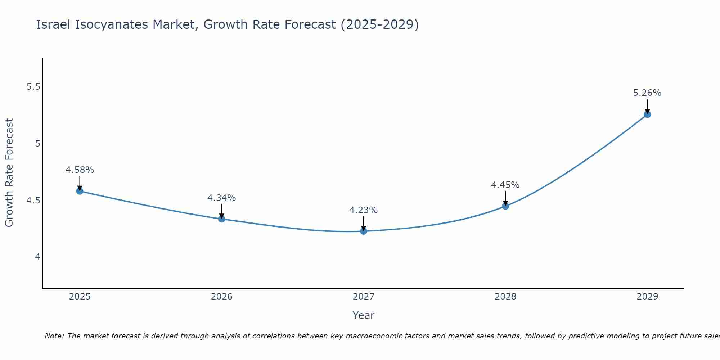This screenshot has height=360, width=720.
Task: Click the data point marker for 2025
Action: pos(80,191)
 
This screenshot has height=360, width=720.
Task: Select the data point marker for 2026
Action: pos(222,219)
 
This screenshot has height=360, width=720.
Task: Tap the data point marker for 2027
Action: pos(364,231)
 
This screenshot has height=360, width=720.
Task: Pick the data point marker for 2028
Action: pos(505,206)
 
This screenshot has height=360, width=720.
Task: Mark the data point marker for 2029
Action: pos(647,114)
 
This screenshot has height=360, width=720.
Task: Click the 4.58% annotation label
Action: pos(80,170)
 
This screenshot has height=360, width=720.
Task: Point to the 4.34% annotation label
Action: pos(222,198)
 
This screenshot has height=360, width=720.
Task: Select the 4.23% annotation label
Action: pos(364,210)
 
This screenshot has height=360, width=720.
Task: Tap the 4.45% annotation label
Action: pos(505,185)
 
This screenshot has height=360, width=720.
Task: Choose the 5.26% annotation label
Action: pos(647,93)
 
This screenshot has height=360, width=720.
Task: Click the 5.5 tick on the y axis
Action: pos(33,87)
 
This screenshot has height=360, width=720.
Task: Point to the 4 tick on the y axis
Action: pos(37,257)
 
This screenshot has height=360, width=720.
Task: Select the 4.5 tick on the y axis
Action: pos(33,200)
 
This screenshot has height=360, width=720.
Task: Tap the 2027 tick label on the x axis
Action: pos(364,297)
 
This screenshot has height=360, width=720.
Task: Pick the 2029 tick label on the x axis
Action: pos(647,297)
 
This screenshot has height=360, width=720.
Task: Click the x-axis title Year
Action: pos(364,315)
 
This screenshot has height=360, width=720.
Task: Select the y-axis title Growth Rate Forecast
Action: pos(9,173)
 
